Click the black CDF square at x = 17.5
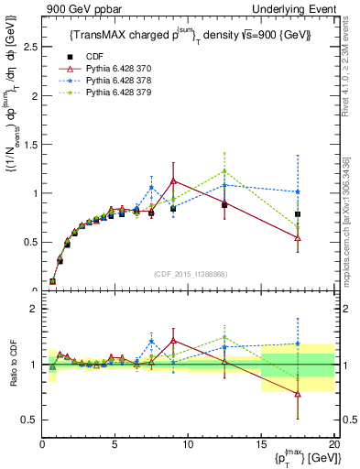point(297,214)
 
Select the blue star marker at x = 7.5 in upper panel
point(151,188)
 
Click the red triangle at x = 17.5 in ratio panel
point(297,394)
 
